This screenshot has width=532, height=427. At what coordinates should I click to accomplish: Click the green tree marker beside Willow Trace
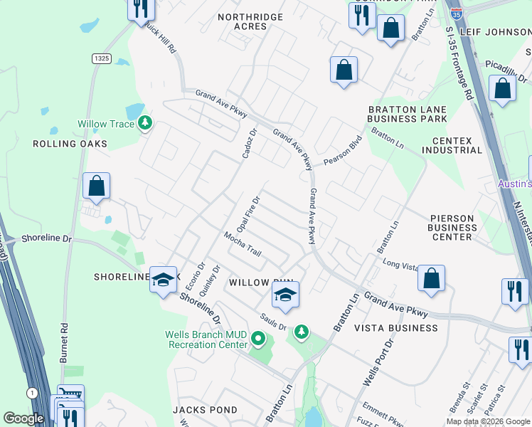coord(145,123)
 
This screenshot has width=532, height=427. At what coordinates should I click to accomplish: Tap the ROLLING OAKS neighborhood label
coord(70,144)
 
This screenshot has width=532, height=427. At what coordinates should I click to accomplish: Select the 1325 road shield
coord(100,58)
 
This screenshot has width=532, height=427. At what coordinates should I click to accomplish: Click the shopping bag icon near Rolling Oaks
coord(97,186)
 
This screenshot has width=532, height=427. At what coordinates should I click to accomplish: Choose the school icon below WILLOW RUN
coord(285,295)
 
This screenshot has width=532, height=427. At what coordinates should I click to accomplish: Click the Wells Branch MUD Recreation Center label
coord(206,339)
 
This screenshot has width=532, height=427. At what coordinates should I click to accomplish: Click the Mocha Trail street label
coord(243,243)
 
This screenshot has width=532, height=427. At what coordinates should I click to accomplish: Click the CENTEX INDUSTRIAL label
coord(452,145)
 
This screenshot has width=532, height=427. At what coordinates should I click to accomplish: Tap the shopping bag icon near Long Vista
coord(432,279)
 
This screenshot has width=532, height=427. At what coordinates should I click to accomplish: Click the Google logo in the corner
coord(23,418)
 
